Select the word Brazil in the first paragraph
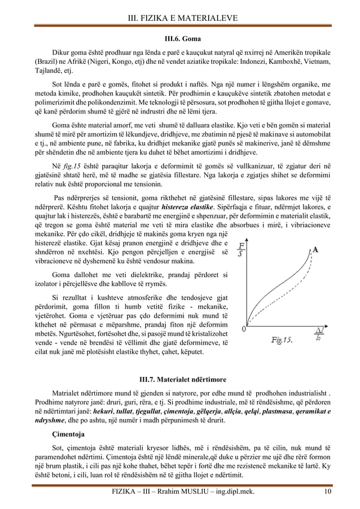click(x=46, y=59)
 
